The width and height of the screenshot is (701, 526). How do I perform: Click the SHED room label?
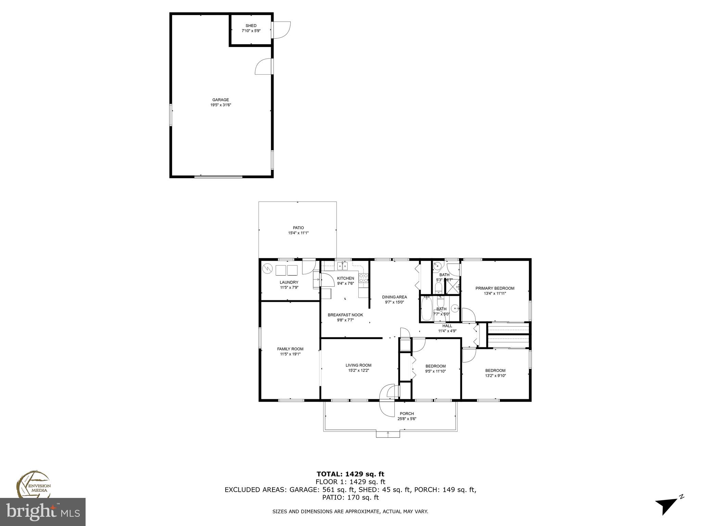[251, 26]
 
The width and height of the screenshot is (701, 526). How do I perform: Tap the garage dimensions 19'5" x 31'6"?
[221, 105]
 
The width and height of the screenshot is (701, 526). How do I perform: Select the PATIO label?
[298, 228]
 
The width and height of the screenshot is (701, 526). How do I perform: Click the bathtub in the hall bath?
[426, 309]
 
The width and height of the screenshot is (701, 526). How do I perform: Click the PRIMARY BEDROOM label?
[495, 288]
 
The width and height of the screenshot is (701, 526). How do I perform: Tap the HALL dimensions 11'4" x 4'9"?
[447, 331]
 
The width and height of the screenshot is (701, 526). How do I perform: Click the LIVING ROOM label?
[358, 365]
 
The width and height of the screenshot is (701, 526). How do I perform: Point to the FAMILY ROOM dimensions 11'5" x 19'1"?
[290, 354]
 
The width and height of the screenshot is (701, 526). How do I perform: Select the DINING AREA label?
[394, 297]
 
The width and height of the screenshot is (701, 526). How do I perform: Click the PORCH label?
[407, 414]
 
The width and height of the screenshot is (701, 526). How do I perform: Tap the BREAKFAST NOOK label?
[345, 315]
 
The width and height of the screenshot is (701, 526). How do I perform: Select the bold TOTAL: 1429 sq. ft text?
[350, 474]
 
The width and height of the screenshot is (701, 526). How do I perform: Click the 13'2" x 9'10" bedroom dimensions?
[495, 376]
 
